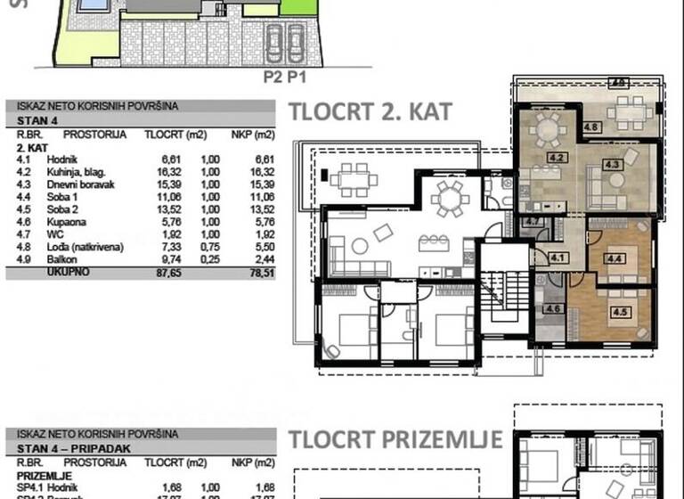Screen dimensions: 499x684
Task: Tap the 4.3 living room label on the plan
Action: pyautogui.click(x=612, y=164)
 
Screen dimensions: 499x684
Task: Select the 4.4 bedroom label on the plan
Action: pyautogui.click(x=614, y=258)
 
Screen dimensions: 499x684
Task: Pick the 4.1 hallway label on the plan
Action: pyautogui.click(x=558, y=258)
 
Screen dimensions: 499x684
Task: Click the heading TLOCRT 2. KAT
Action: pyautogui.click(x=370, y=112)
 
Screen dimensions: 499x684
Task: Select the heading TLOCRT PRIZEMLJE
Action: pyautogui.click(x=395, y=439)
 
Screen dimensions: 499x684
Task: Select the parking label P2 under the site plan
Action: pyautogui.click(x=272, y=77)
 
